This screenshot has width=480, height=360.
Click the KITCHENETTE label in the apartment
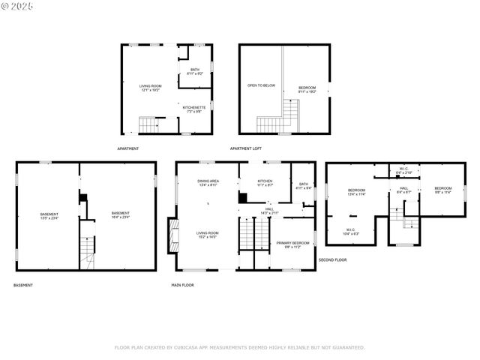coord(194,107)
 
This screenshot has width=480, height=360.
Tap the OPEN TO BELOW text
coord(261,85)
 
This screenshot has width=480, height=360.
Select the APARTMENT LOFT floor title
coord(245,148)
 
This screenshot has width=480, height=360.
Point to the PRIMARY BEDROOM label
coord(292,243)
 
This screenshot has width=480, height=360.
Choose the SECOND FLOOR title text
coord(332,259)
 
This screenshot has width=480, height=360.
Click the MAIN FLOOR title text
coord(182,285)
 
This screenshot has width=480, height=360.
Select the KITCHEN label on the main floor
coord(265,181)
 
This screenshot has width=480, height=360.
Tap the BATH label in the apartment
coord(195,70)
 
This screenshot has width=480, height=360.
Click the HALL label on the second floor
coord(403,188)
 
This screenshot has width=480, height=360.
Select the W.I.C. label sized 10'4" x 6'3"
coord(351,229)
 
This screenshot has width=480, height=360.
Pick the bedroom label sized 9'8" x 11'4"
coord(442,187)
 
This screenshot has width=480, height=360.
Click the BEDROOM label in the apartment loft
coord(307,88)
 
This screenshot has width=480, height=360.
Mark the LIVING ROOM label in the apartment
coord(150,86)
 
